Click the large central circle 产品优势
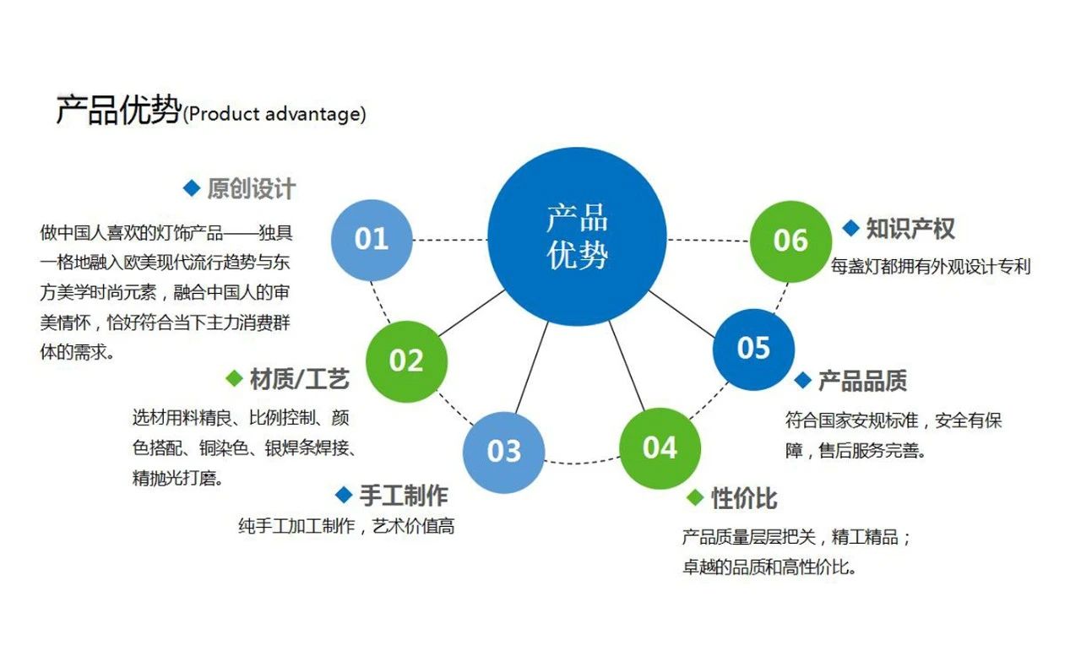[577, 236]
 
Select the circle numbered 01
[372, 240]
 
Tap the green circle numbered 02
[406, 361]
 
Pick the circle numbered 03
[504, 453]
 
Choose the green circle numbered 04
[660, 448]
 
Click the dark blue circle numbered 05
[753, 349]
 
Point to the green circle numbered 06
[790, 241]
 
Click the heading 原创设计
[252, 188]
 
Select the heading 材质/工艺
[299, 379]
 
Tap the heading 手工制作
[404, 496]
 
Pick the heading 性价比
[744, 498]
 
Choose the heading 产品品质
[862, 381]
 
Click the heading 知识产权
[910, 229]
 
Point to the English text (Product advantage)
[274, 114]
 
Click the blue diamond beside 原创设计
[192, 188]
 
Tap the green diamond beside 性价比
[695, 497]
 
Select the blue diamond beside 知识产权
[850, 228]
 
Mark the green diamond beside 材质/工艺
[234, 378]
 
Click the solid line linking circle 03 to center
[532, 367]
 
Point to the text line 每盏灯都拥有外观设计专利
[931, 266]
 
